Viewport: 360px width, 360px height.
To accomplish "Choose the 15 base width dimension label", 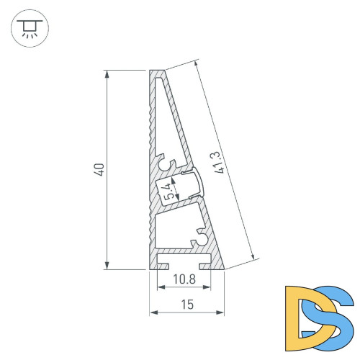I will tap(186, 305).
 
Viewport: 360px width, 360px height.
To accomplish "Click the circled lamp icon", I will tap(29, 28).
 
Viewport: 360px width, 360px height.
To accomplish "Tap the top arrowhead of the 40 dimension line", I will tap(108, 73).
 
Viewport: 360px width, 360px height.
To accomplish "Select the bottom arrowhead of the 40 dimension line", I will tap(108, 265).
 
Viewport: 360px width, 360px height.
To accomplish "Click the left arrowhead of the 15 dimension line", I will tap(153, 313).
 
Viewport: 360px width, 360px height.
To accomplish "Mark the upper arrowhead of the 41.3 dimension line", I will tap(195, 63).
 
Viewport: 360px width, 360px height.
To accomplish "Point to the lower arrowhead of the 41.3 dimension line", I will tap(253, 257).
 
